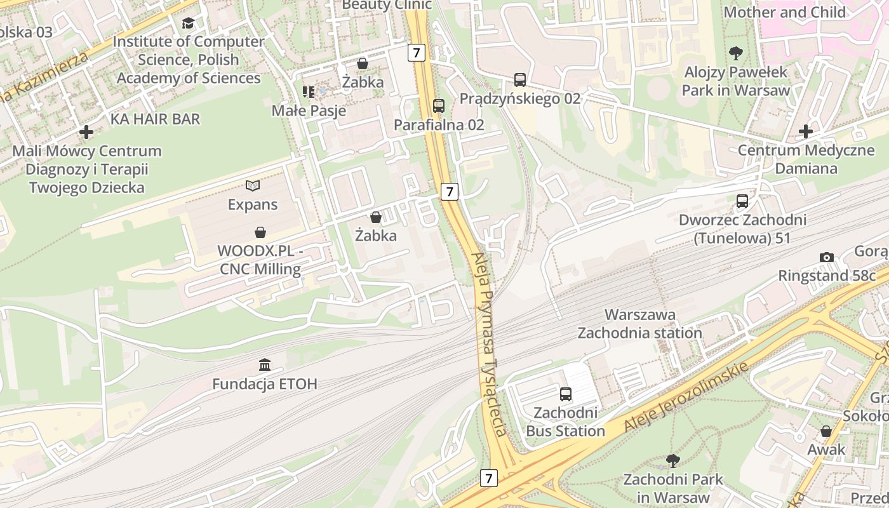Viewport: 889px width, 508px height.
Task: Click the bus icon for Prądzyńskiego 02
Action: (x=520, y=79)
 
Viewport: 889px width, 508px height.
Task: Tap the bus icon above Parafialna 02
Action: (x=439, y=105)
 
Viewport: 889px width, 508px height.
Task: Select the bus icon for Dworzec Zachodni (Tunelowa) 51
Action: (x=742, y=201)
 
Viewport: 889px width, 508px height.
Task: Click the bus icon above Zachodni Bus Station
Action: (x=566, y=394)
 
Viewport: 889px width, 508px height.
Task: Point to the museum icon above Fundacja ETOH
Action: (x=265, y=365)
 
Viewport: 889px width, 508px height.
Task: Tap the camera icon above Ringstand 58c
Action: (x=826, y=257)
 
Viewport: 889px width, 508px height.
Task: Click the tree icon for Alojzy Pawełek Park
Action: (x=736, y=53)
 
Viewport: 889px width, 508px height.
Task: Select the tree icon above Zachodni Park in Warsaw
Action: (x=673, y=460)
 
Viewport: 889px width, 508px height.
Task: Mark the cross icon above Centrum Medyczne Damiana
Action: (x=806, y=131)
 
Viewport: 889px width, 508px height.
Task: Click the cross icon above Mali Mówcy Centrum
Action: (x=87, y=132)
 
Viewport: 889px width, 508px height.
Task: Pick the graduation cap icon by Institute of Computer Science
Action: (x=189, y=23)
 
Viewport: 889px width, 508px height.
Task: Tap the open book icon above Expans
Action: (x=253, y=185)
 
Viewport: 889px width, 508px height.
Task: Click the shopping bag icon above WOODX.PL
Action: (x=260, y=232)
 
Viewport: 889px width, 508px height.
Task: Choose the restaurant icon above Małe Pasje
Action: (x=309, y=92)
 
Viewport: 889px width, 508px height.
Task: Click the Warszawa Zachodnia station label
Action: (x=639, y=324)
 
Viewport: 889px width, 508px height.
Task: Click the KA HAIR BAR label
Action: (x=155, y=119)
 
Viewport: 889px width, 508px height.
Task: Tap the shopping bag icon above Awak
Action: (x=826, y=431)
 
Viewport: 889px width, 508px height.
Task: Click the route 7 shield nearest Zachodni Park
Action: (x=488, y=478)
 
